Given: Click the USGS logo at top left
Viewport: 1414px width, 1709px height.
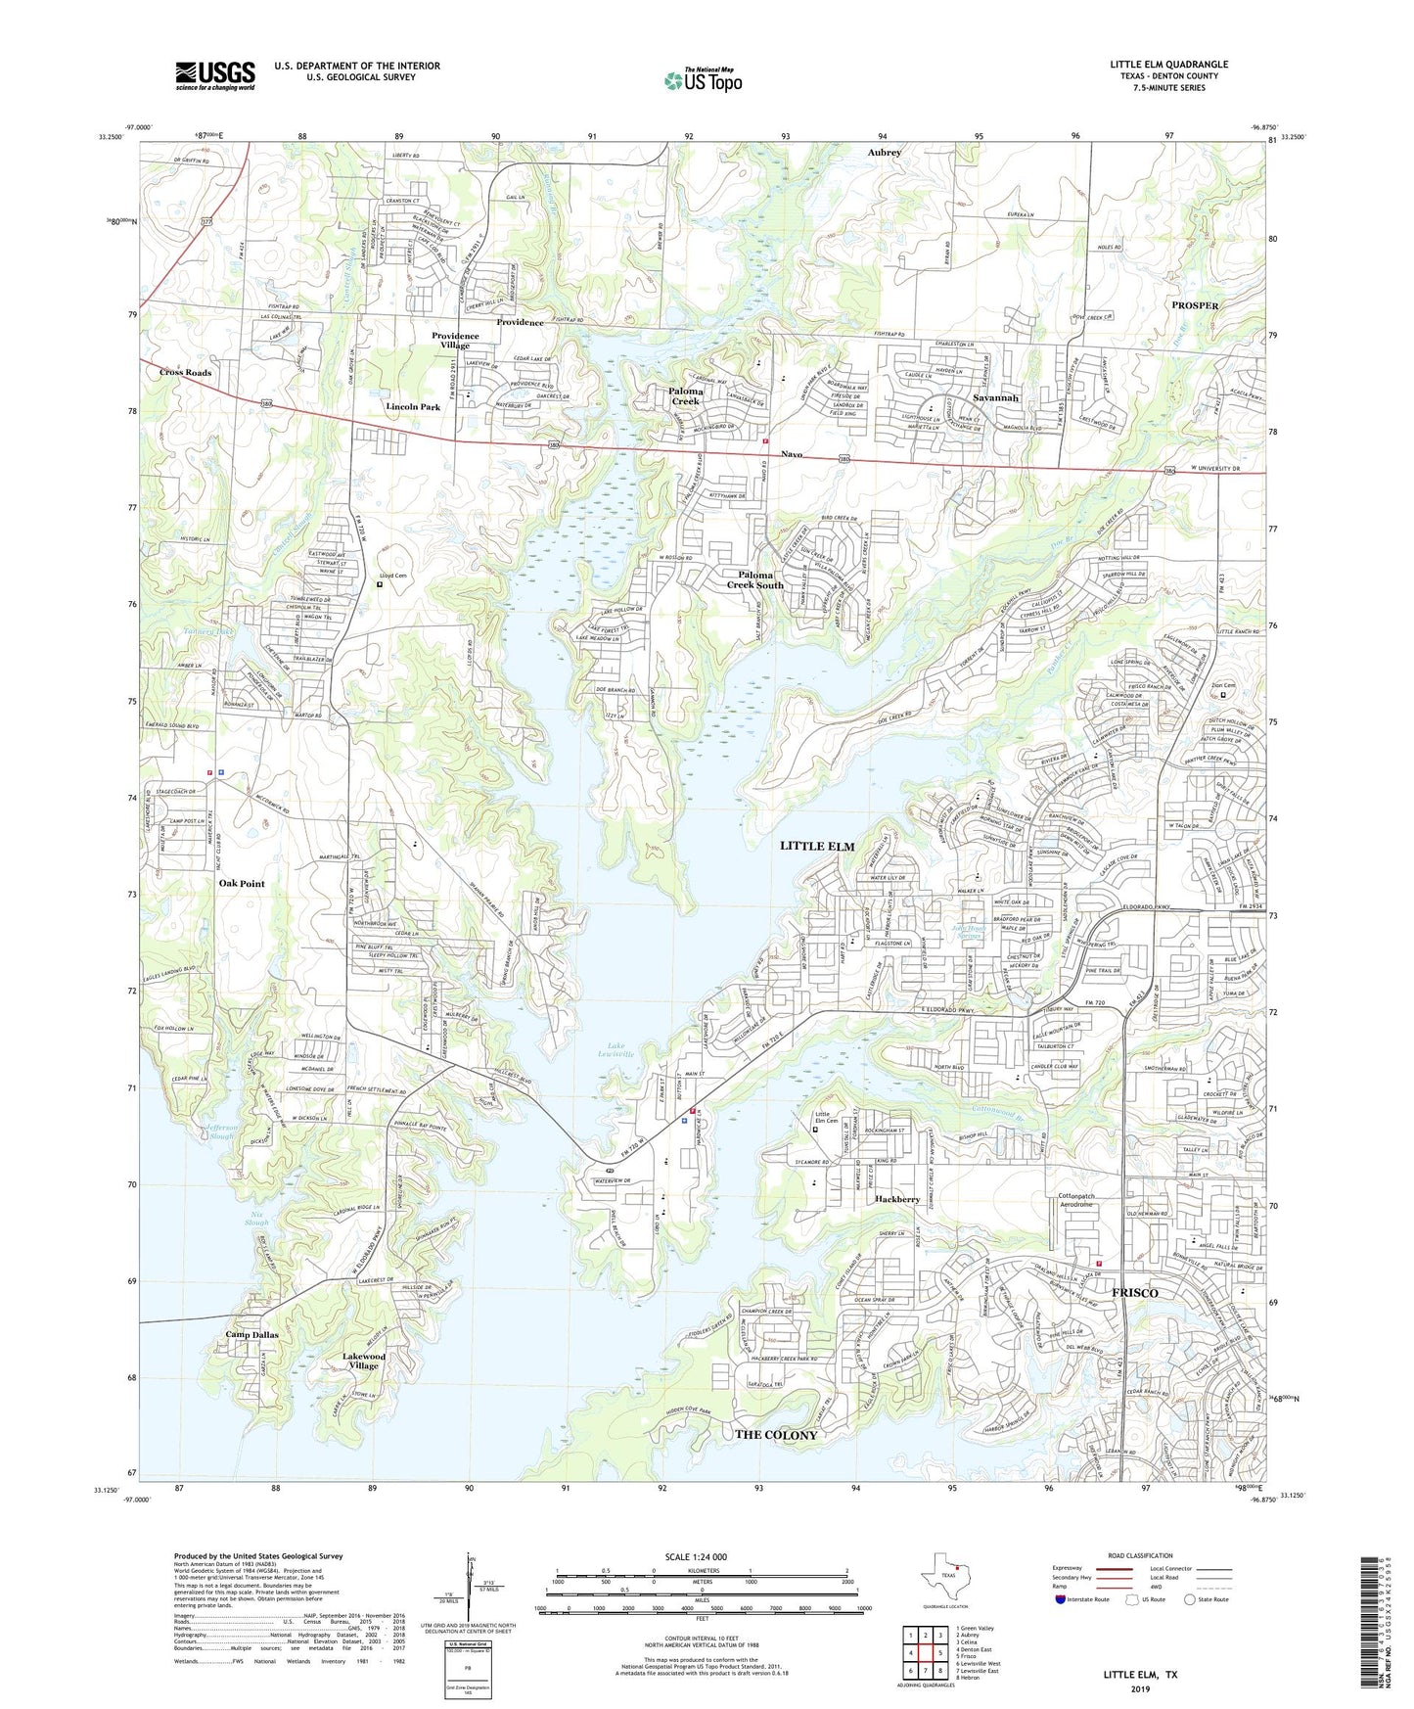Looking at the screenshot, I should pyautogui.click(x=215, y=75).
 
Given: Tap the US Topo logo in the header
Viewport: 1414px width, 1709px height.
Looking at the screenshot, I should pyautogui.click(x=703, y=80).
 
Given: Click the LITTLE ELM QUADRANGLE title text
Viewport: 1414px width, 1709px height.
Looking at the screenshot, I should pyautogui.click(x=1168, y=65).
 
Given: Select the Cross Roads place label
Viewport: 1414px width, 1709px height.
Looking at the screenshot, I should pyautogui.click(x=186, y=373).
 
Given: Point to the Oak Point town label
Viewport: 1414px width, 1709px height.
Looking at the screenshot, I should pyautogui.click(x=242, y=883).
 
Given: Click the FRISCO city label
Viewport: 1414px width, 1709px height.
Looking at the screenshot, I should pyautogui.click(x=1135, y=1293).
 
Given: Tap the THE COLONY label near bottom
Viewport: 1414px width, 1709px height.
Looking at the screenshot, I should pyautogui.click(x=776, y=1434).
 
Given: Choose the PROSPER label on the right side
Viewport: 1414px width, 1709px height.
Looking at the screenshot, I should pyautogui.click(x=1195, y=305).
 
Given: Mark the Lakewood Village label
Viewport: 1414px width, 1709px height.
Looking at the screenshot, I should pyautogui.click(x=364, y=1361).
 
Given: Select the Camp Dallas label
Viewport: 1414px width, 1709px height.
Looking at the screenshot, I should pyautogui.click(x=252, y=1334).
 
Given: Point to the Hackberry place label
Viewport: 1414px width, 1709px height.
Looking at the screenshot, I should pyautogui.click(x=897, y=1199).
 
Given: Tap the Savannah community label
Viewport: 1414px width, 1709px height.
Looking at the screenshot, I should pyautogui.click(x=996, y=398).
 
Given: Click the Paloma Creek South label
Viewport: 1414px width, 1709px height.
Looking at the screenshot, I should pyautogui.click(x=754, y=579).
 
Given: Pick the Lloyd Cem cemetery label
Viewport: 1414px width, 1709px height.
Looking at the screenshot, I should pyautogui.click(x=392, y=576).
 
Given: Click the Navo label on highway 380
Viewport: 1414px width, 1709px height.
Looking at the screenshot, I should pyautogui.click(x=792, y=454).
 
